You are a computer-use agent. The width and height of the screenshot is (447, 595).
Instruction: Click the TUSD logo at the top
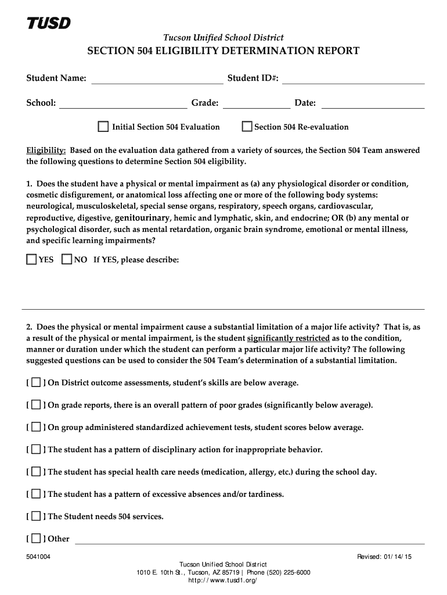point(49,23)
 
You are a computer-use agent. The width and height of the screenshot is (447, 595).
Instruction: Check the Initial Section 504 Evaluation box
point(103,127)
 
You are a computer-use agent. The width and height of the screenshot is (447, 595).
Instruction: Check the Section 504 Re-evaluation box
point(247,127)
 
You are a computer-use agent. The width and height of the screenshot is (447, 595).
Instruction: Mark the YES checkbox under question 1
point(31,260)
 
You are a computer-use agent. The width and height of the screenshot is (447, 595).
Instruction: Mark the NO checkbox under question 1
point(67,260)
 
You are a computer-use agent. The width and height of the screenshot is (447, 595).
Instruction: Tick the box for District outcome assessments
point(36,383)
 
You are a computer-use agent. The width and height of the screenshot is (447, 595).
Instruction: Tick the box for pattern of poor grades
point(36,405)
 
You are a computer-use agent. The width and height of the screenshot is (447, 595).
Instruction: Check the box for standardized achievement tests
point(36,427)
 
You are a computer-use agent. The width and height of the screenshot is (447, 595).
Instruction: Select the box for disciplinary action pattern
point(36,449)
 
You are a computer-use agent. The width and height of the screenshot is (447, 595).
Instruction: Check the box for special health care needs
point(36,472)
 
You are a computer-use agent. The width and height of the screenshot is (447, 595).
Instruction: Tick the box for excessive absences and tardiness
point(36,494)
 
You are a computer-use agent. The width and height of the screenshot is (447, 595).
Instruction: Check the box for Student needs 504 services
point(36,516)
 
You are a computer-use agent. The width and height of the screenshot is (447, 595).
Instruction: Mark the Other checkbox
point(36,538)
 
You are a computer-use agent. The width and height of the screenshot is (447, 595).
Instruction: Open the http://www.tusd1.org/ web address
point(223,580)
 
